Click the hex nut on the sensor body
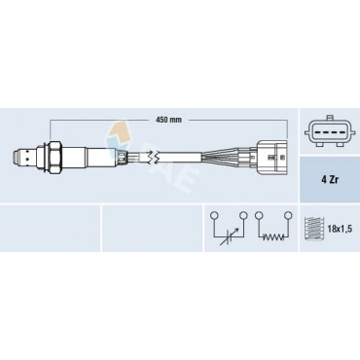point(59,155)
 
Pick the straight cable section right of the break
point(195,155)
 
